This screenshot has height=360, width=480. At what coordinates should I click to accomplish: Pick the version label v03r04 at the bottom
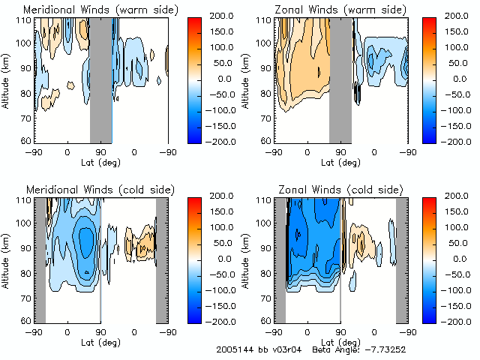[287, 350]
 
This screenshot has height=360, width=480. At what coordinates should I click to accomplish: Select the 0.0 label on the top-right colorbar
[458, 78]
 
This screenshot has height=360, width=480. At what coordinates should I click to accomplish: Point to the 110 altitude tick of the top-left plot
[25, 19]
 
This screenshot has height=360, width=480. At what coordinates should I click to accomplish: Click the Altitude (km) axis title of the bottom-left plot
[7, 259]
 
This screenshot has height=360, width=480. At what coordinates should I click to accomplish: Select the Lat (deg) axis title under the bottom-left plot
[101, 341]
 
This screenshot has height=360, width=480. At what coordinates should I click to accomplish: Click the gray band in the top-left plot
[101, 79]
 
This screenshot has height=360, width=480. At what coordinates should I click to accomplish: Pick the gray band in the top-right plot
[340, 79]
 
